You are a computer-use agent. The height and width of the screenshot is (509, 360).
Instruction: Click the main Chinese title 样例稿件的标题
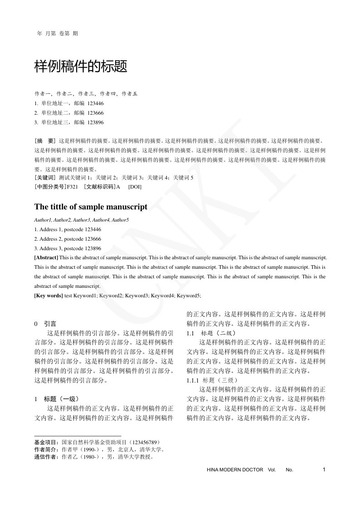coord(81,67)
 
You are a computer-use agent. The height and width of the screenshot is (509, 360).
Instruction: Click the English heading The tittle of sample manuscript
coord(91,207)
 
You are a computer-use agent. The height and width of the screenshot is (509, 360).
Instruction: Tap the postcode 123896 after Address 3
coord(91,248)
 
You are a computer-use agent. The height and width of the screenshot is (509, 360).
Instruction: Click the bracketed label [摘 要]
coord(45,141)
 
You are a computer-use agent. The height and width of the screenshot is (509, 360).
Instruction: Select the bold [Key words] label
coord(49,296)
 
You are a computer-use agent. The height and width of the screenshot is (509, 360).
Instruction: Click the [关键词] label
coord(45,178)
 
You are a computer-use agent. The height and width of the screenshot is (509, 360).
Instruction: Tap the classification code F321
coord(73,187)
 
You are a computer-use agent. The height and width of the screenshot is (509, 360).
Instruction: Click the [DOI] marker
coord(135,187)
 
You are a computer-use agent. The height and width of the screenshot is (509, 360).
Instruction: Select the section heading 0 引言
coord(45,324)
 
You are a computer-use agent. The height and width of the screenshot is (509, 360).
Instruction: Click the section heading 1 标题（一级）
coord(57,399)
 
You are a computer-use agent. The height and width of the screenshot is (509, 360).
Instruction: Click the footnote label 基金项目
coord(46,442)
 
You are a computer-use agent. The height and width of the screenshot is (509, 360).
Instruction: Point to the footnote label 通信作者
coord(46,457)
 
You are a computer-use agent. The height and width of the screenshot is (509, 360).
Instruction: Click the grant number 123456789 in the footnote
coord(144,442)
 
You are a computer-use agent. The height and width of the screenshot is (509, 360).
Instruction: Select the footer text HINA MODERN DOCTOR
coord(234,470)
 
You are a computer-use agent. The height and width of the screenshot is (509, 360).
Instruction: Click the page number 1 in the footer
coord(324,470)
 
